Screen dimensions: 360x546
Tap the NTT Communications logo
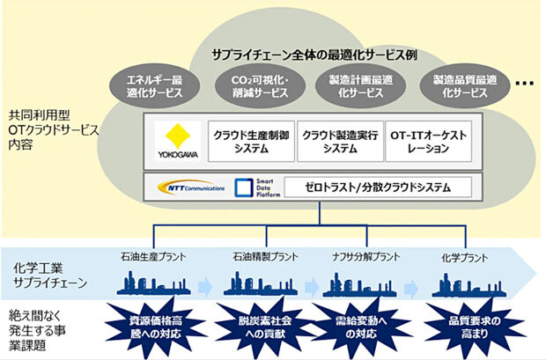tap(190, 187)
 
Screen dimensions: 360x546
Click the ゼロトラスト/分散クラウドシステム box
tap(378, 187)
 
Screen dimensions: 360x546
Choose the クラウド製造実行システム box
tap(338, 141)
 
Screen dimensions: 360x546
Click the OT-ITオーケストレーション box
tap(429, 141)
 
